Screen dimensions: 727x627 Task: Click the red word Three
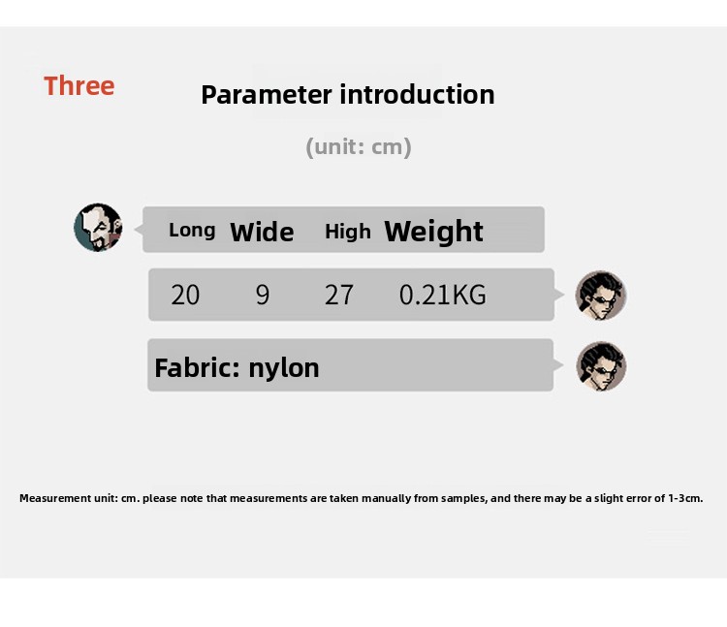coord(79,85)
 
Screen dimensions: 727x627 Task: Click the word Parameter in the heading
coord(267,96)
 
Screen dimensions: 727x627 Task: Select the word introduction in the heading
coord(417,94)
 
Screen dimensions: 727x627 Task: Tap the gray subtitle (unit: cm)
coord(359,147)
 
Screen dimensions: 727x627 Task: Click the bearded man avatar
coord(98,228)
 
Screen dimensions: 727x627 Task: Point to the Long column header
coord(192,231)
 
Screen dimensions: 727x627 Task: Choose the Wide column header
coord(262,232)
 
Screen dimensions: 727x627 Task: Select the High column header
coord(348,232)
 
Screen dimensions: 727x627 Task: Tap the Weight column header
coord(434,232)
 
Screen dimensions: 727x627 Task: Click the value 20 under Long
coord(185,295)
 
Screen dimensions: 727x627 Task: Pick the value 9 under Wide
coord(263,295)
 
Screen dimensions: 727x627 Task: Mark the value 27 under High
coord(339,295)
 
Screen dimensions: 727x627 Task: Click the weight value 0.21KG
coord(443,295)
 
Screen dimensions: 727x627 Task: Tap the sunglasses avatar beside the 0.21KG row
coord(601,296)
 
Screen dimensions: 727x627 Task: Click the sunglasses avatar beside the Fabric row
coord(601,366)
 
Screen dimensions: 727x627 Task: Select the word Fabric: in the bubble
coord(198,368)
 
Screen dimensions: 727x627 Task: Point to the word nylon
coord(284,369)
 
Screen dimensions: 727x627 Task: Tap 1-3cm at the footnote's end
coord(685,499)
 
